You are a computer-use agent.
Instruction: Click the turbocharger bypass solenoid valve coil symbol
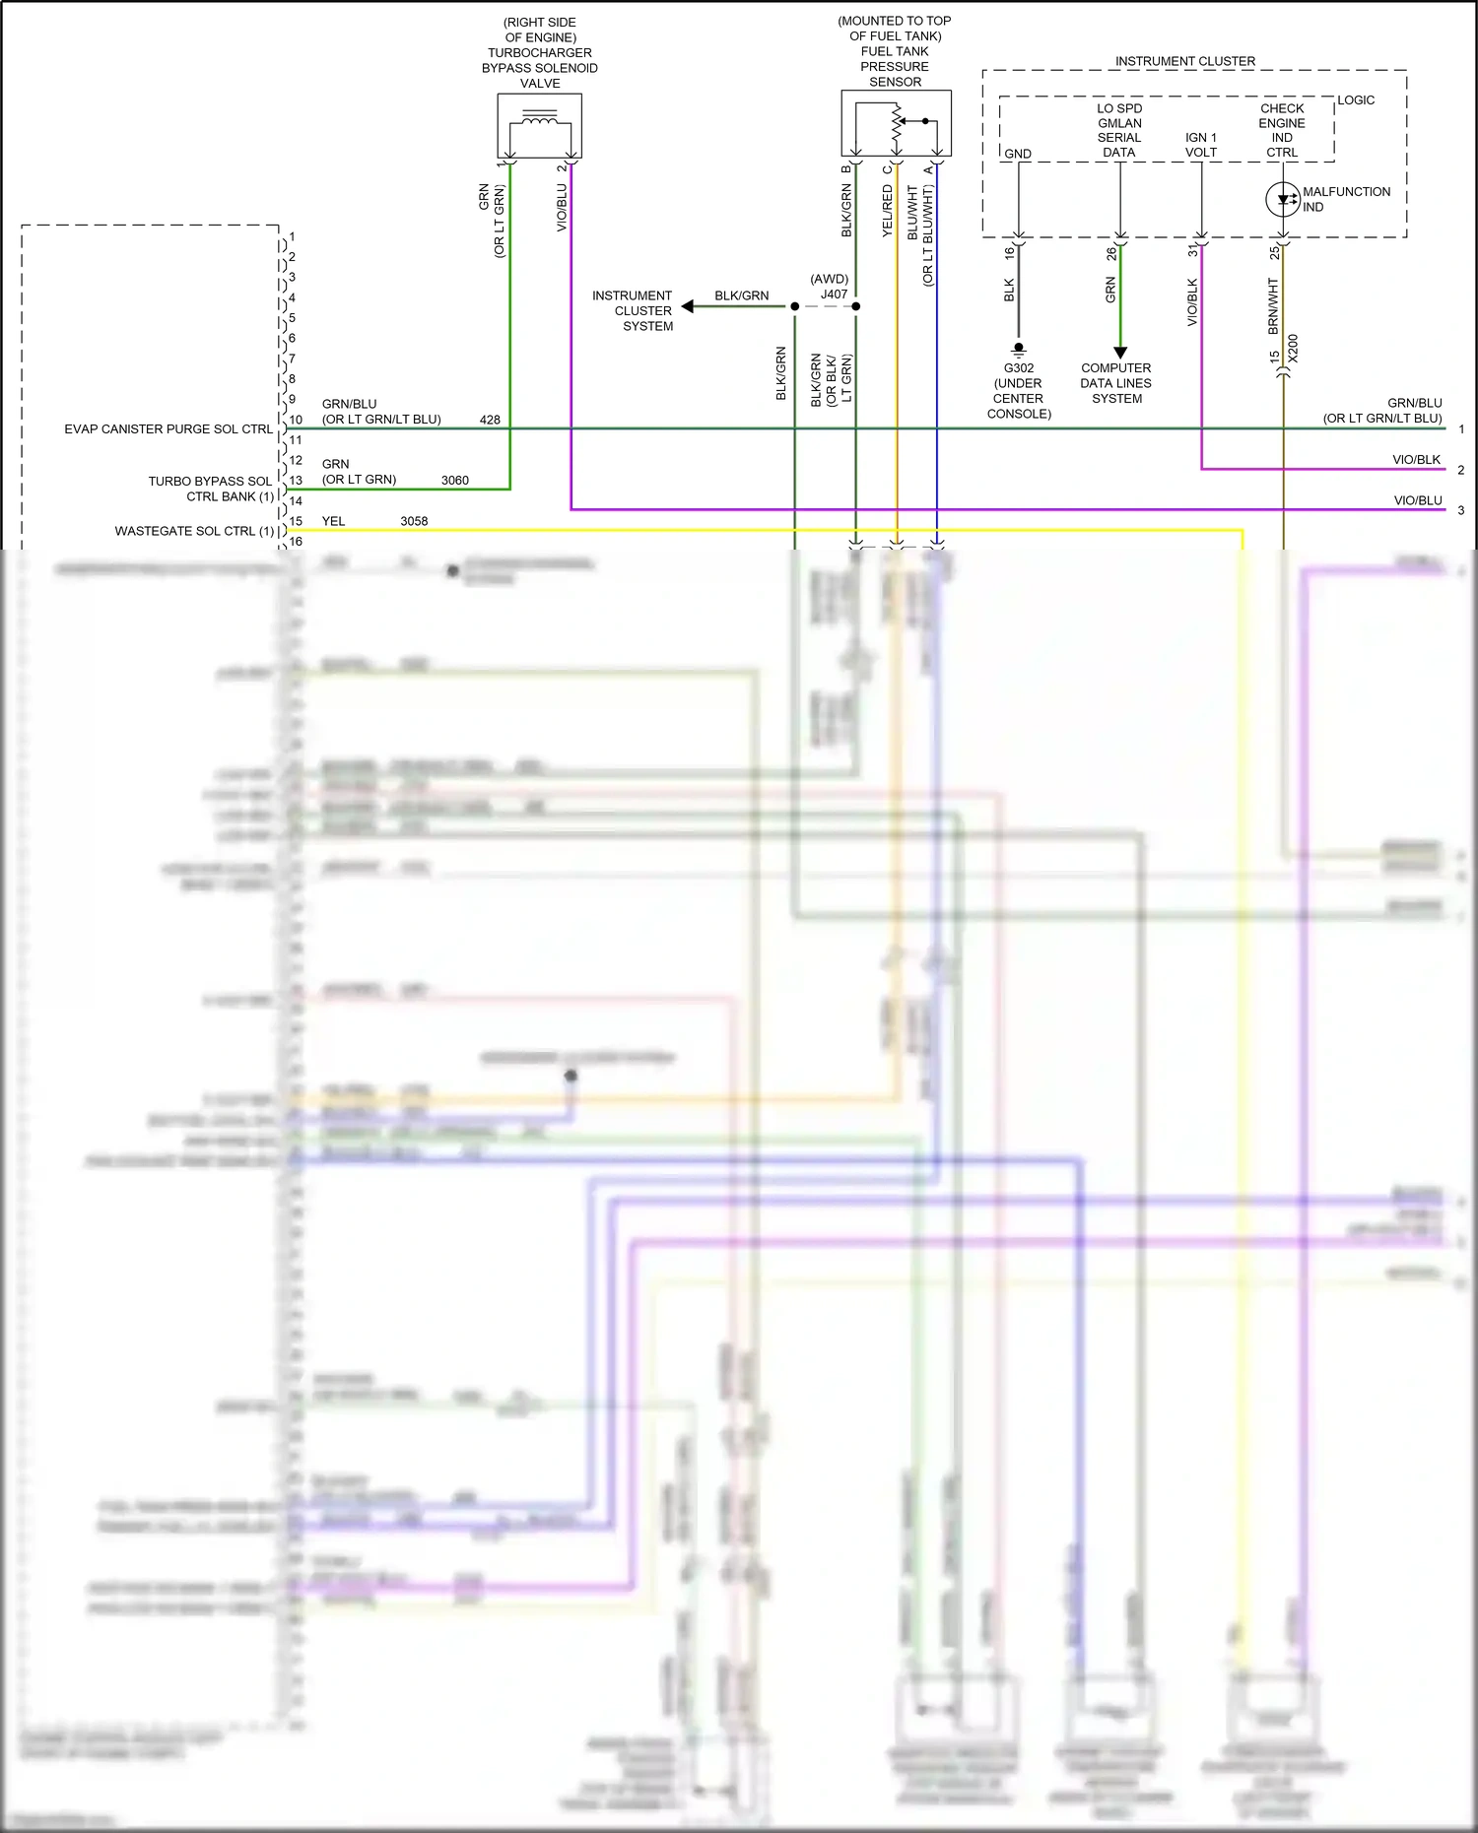[x=539, y=125]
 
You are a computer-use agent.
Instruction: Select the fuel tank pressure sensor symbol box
[x=896, y=123]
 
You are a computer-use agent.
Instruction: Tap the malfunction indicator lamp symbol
[x=1282, y=199]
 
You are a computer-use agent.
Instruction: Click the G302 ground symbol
[x=1019, y=349]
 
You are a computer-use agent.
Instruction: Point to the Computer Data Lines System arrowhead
[x=1119, y=353]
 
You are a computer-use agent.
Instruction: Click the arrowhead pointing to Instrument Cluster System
[x=689, y=306]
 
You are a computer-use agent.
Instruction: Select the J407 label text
[x=834, y=294]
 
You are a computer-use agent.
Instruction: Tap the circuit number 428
[x=490, y=420]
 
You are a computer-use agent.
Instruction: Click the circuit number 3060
[x=454, y=481]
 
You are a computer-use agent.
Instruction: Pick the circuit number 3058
[x=414, y=521]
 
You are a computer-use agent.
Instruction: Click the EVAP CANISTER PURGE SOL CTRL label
[x=168, y=429]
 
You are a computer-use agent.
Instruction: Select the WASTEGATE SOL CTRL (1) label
[x=194, y=531]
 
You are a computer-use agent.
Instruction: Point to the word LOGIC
[x=1356, y=100]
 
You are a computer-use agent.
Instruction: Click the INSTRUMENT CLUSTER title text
[x=1184, y=61]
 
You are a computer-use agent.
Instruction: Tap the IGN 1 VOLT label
[x=1201, y=145]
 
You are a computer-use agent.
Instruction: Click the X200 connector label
[x=1293, y=348]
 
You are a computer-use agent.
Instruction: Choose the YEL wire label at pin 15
[x=333, y=521]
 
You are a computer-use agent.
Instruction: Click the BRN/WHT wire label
[x=1272, y=305]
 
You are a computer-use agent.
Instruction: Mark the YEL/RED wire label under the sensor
[x=887, y=211]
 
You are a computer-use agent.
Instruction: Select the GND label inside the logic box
[x=1018, y=154]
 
